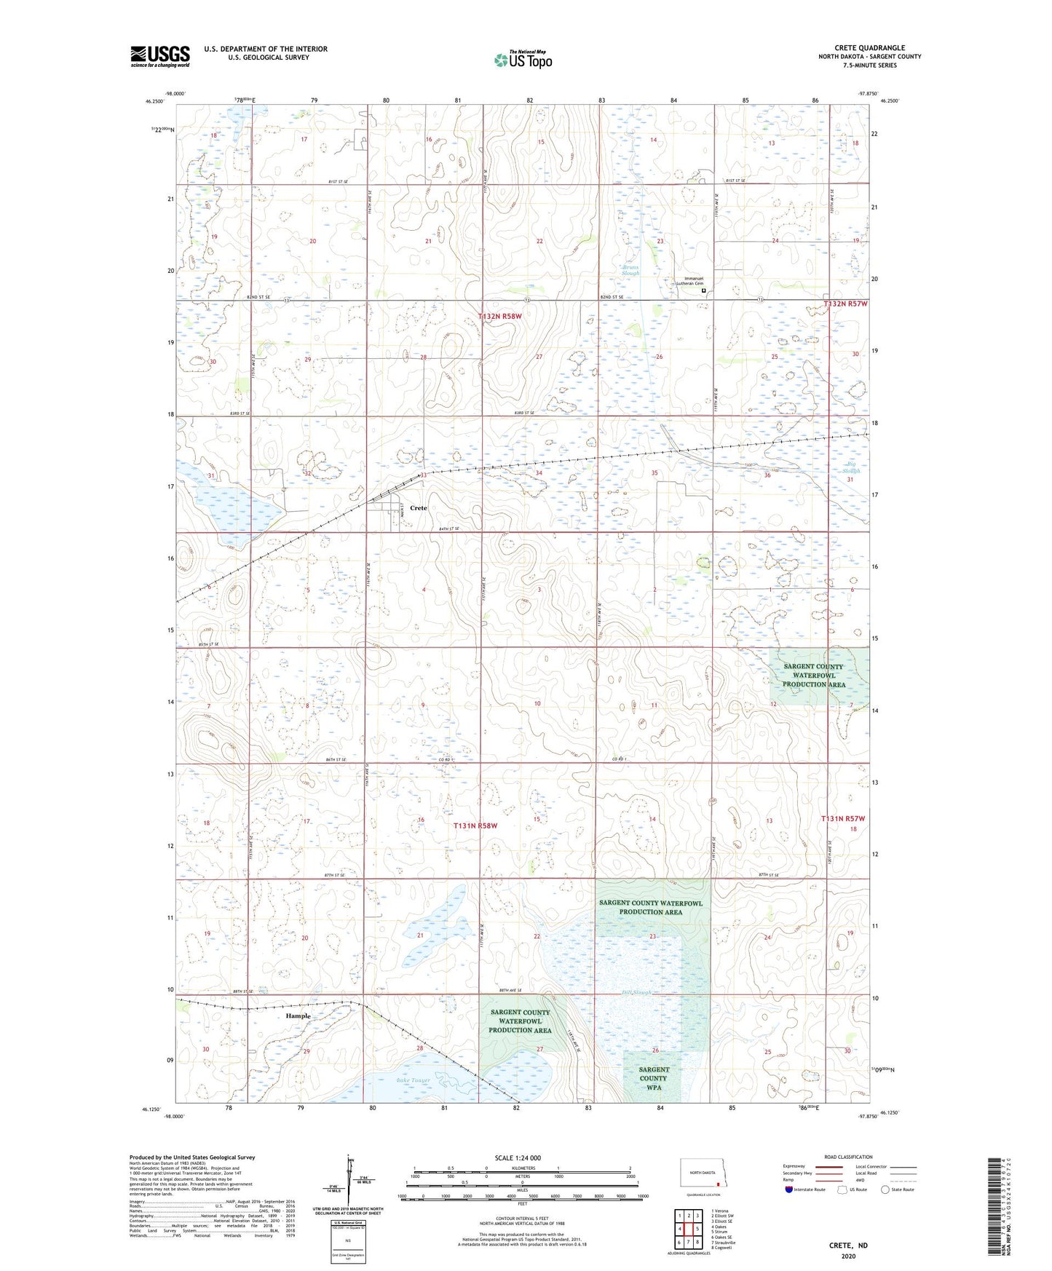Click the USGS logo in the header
pyautogui.click(x=159, y=56)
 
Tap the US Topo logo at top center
pyautogui.click(x=522, y=60)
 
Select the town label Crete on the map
pyautogui.click(x=418, y=507)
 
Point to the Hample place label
pyautogui.click(x=298, y=1015)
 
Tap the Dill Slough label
pyautogui.click(x=636, y=992)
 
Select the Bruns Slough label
pyautogui.click(x=630, y=270)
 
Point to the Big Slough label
pyautogui.click(x=852, y=467)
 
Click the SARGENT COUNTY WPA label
pyautogui.click(x=653, y=1078)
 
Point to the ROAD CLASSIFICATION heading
pyautogui.click(x=848, y=1157)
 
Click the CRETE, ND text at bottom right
pyautogui.click(x=848, y=1245)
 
